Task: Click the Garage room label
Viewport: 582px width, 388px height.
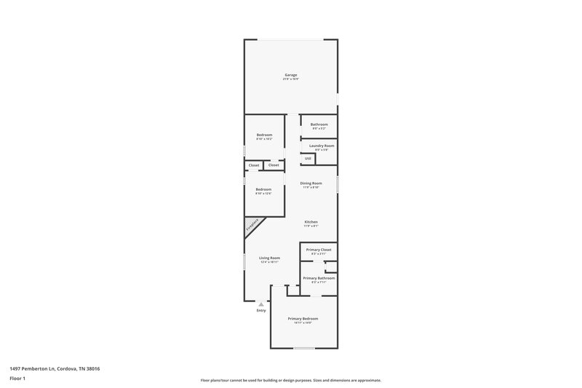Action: (291, 75)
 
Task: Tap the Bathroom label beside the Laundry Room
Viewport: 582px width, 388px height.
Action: (319, 124)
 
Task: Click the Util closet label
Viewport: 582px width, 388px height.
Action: (308, 159)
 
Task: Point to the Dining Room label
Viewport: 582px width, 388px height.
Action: (311, 183)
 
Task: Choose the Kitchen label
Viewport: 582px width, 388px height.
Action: (311, 222)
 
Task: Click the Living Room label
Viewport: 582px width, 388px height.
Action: (269, 258)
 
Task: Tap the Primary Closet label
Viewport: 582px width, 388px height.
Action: (319, 250)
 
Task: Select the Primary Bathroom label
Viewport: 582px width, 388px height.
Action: (319, 278)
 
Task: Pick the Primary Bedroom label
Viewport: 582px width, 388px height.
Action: (303, 319)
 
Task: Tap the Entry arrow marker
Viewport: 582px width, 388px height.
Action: (261, 304)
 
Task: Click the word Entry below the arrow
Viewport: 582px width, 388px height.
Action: (261, 311)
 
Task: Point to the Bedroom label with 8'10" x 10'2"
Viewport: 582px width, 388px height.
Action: (264, 135)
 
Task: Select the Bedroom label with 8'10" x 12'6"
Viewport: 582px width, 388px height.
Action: (264, 189)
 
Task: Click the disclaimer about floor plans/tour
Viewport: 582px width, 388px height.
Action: (291, 380)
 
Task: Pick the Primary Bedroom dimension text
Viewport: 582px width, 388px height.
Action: (303, 322)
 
